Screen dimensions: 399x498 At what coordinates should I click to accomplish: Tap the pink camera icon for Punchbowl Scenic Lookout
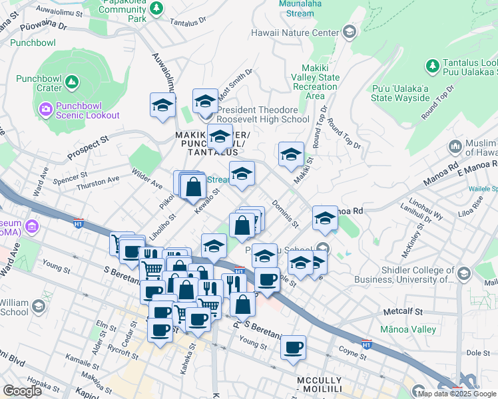45,108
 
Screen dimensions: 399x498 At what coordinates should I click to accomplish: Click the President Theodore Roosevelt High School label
262,114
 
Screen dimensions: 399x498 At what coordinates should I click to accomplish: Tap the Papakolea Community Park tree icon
156,9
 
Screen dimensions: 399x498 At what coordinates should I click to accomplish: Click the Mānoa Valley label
407,329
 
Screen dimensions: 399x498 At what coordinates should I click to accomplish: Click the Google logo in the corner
21,390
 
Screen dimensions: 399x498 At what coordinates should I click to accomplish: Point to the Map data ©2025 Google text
457,394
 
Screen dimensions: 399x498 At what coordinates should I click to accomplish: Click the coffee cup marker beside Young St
292,346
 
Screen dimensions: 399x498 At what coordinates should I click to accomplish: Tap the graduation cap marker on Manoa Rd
324,218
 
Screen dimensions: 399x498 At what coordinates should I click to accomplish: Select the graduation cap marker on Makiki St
291,155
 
